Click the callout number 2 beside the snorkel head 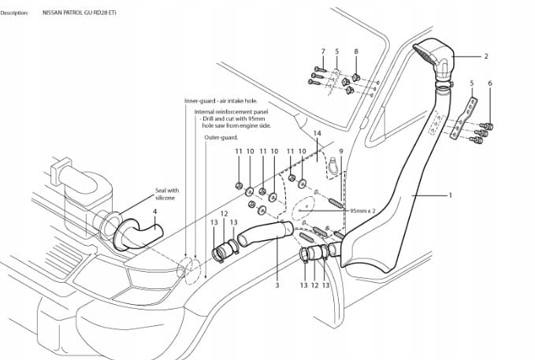point(486,56)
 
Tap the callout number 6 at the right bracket point(489,83)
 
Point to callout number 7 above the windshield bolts point(322,51)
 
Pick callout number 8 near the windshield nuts point(356,51)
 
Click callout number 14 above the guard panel point(317,134)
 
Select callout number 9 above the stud point(341,150)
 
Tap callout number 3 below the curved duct point(277,285)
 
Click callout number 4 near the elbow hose point(154,211)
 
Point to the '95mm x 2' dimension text point(362,211)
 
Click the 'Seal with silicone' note point(167,193)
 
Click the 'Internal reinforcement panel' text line point(232,112)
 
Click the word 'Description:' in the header point(15,13)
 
